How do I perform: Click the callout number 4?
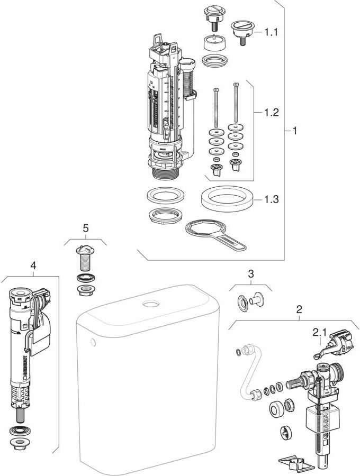pos(33,266)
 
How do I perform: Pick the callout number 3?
pos(251,274)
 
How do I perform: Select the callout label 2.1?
pos(319,332)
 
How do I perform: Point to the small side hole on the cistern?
pos(94,343)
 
